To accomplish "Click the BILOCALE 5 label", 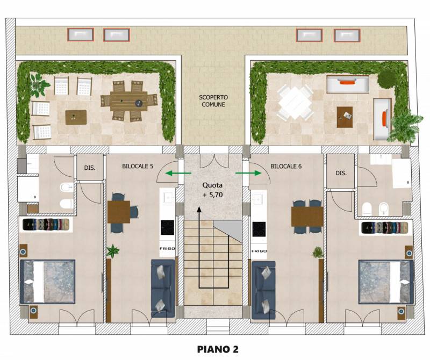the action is tap(138, 166).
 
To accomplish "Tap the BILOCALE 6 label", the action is tap(286, 166).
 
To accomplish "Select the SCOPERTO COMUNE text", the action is tap(213, 101).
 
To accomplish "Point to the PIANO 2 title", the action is tap(218, 349).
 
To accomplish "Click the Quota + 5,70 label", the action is tap(212, 190).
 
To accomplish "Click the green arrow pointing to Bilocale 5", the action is tap(178, 173).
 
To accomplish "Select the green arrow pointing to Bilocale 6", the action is tap(248, 173).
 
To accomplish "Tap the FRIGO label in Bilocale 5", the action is tap(167, 249).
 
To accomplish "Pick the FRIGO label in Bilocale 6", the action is tap(259, 251).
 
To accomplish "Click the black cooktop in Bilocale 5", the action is tap(167, 228).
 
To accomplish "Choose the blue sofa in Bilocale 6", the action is tap(263, 290).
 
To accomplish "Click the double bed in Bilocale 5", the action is tap(47, 282).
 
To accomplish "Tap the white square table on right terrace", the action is tap(295, 102).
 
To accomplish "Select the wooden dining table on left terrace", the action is tap(129, 101).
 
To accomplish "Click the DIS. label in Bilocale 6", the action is tap(341, 173).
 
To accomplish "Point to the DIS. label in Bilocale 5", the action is tap(90, 168).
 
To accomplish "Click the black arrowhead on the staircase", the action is tap(199, 210).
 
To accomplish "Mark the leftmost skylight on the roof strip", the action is tap(81, 34).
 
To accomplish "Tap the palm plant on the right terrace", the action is tap(405, 126).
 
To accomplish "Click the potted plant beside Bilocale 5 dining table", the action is tap(112, 251).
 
